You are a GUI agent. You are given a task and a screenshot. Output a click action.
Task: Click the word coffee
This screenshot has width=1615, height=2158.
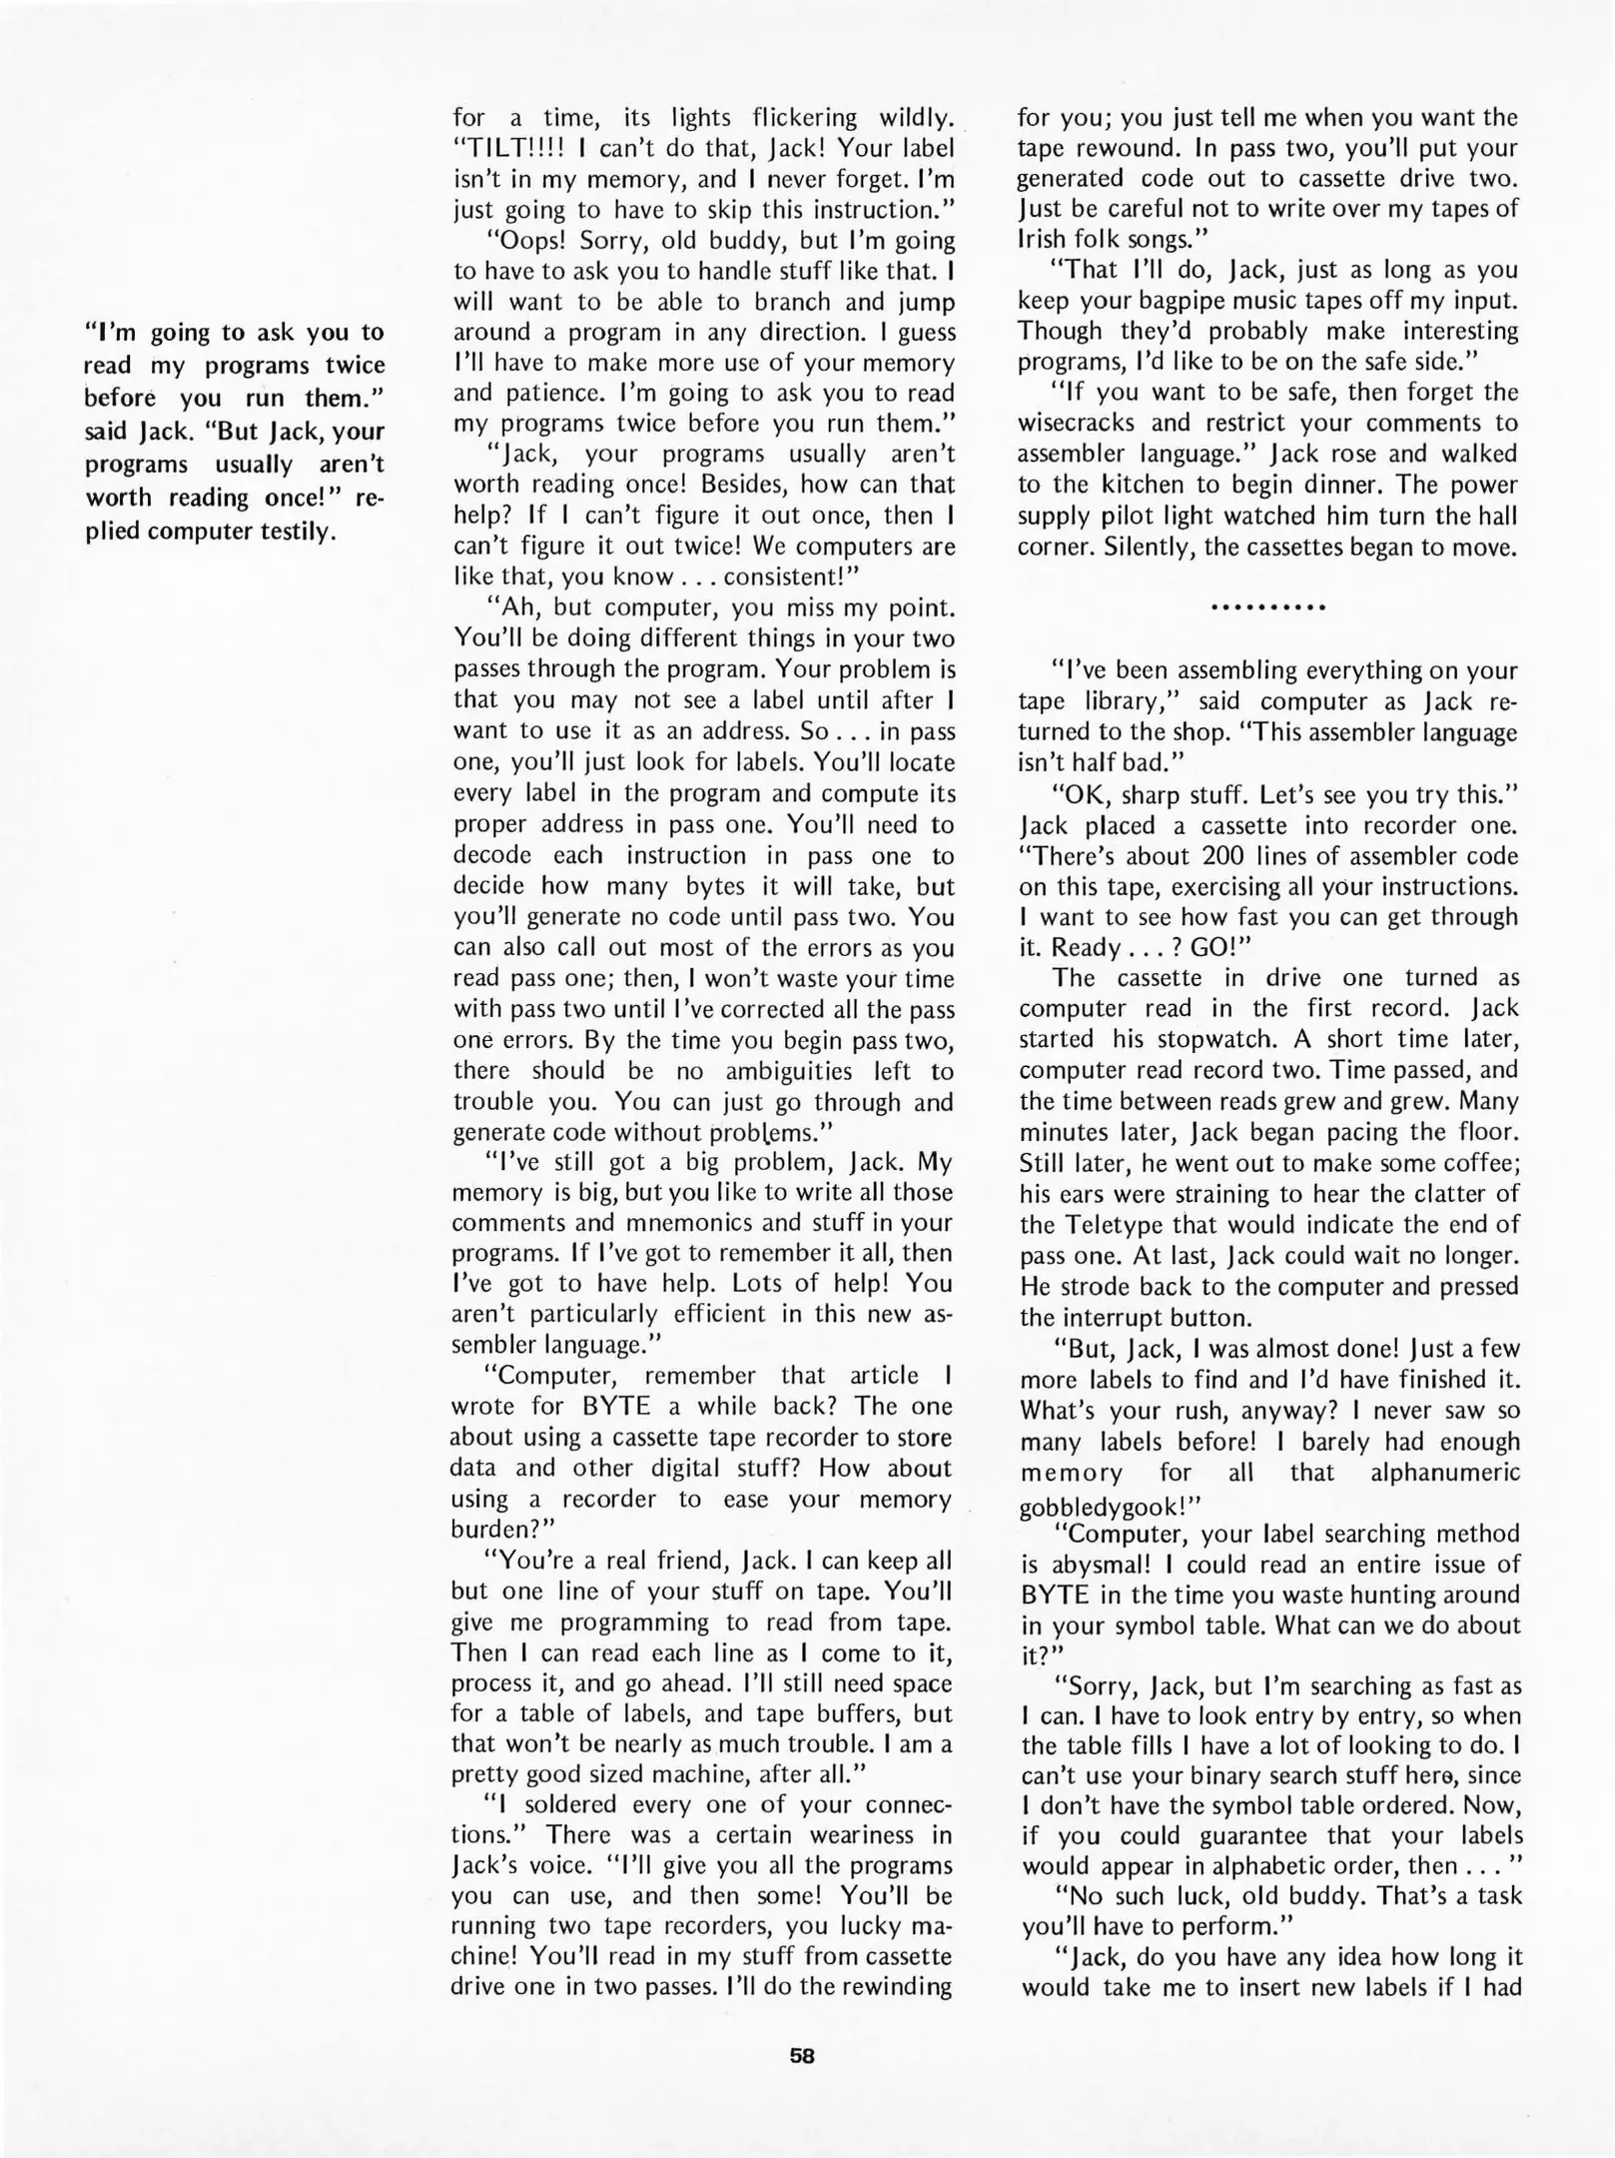pos(1477,1163)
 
